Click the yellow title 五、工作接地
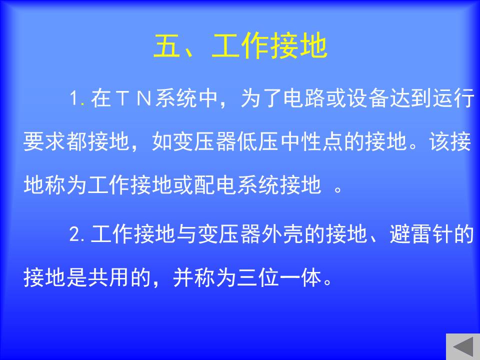[240, 46]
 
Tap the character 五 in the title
[167, 46]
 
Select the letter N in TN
[144, 98]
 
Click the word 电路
[304, 98]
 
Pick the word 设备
[367, 98]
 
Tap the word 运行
[453, 98]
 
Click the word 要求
[44, 141]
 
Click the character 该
[439, 141]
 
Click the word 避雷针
[421, 234]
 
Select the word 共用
[108, 277]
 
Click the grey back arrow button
[463, 346]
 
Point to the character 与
[186, 234]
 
